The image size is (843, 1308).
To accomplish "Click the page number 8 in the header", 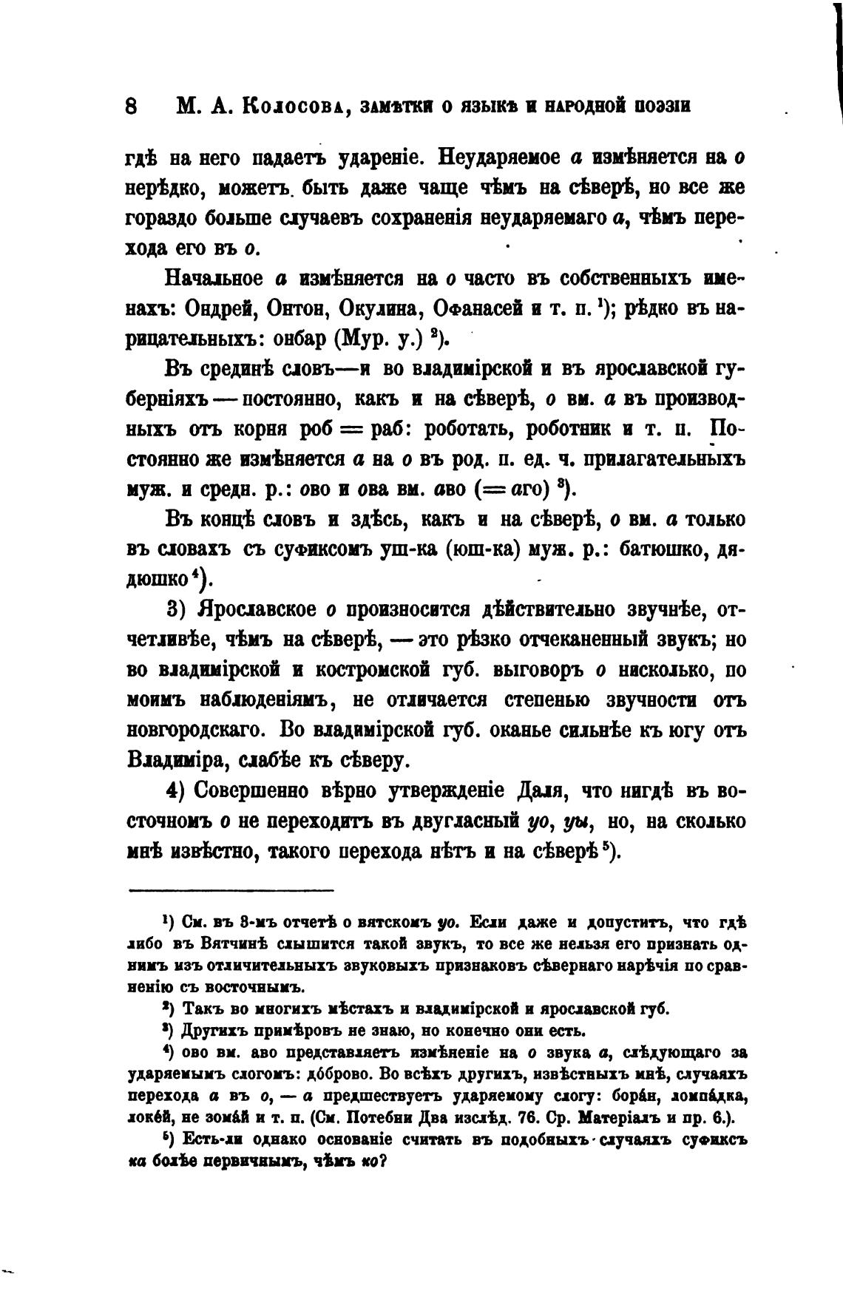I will coord(132,106).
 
